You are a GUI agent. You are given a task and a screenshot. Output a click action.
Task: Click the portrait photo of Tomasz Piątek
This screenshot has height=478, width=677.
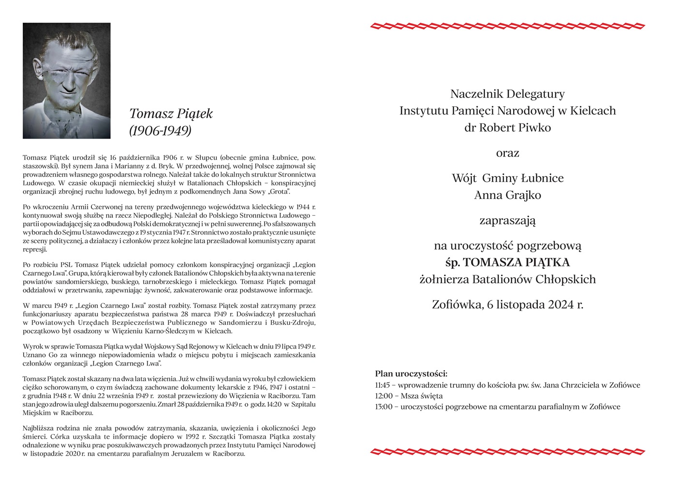click(66, 81)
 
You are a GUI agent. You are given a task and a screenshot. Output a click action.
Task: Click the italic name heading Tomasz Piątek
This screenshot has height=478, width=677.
click(171, 113)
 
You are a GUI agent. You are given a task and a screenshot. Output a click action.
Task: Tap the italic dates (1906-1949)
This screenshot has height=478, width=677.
click(160, 130)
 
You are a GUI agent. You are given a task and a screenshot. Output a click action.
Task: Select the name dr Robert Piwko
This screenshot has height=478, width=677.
click(507, 127)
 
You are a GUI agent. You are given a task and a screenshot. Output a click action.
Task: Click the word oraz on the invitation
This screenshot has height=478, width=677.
click(507, 154)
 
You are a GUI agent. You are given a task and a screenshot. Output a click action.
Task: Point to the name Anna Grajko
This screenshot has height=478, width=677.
click(507, 195)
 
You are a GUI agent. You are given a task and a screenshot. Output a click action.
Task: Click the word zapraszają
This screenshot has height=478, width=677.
click(507, 221)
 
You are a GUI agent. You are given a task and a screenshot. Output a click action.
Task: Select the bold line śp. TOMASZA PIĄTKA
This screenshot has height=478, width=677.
click(507, 263)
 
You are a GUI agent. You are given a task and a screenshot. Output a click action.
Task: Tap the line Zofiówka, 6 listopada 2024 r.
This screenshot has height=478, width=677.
click(507, 305)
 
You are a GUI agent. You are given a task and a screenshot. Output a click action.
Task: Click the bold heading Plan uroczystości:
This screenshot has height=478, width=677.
click(411, 374)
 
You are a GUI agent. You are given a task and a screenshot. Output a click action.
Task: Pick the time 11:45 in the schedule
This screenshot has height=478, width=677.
click(383, 385)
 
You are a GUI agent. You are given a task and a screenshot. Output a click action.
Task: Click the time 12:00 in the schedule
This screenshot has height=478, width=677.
click(383, 396)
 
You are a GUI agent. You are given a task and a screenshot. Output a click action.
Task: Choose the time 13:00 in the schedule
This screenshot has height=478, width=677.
click(383, 407)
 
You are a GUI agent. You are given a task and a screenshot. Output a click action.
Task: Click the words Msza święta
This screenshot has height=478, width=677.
click(422, 396)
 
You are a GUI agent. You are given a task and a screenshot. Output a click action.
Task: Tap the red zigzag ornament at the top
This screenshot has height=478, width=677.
click(507, 26)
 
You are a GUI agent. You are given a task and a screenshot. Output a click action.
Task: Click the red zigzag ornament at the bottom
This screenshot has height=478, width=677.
click(507, 452)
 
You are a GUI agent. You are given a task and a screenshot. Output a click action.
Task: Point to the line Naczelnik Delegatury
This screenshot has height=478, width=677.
click(507, 94)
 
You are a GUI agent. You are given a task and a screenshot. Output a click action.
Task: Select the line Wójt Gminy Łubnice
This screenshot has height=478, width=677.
click(507, 178)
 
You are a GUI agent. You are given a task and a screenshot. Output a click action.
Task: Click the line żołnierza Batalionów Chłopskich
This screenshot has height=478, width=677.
click(507, 279)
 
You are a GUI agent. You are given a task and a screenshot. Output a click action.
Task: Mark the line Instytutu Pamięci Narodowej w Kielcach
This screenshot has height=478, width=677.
click(507, 111)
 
